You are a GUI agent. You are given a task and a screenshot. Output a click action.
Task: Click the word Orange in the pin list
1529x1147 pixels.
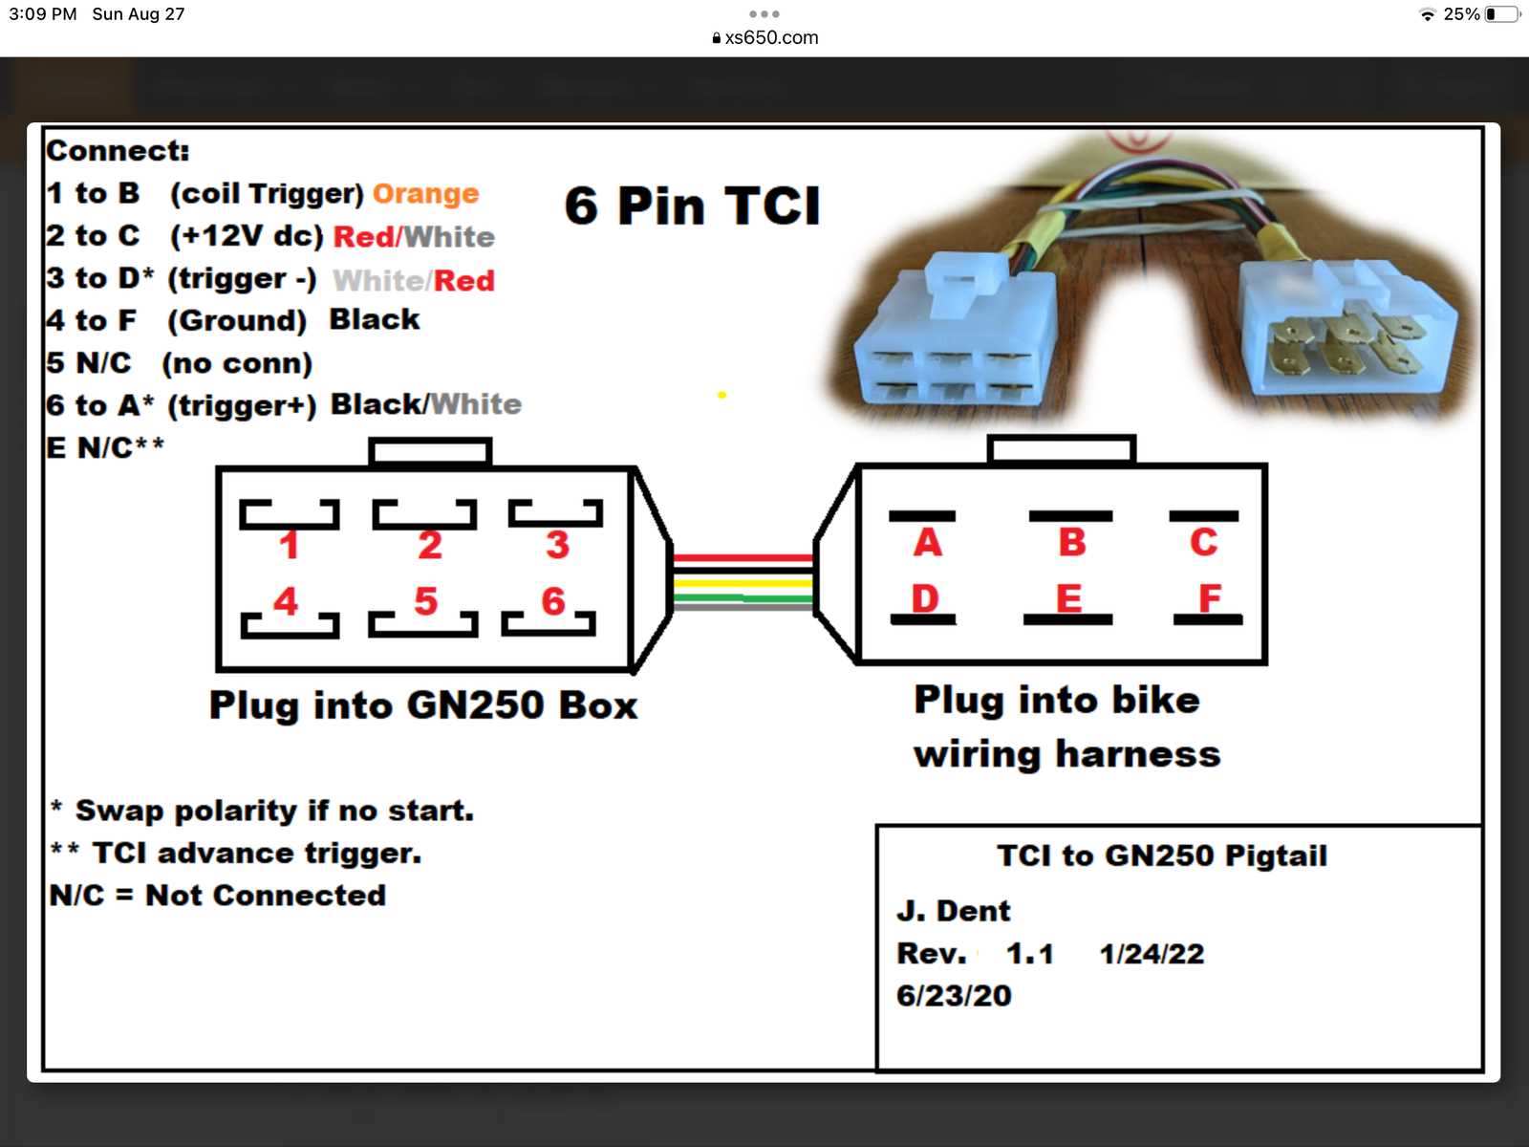(425, 194)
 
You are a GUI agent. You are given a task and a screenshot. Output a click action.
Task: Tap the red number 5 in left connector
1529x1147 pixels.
(426, 601)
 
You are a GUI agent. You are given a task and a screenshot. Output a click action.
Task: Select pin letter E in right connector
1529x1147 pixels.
(1068, 598)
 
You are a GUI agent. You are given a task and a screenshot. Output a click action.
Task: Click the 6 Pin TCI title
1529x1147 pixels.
(692, 206)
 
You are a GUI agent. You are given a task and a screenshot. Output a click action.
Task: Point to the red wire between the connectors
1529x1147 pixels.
(743, 557)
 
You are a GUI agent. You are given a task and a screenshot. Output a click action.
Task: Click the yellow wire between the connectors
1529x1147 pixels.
(743, 582)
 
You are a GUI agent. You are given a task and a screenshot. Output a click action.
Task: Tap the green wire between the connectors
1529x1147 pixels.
(743, 598)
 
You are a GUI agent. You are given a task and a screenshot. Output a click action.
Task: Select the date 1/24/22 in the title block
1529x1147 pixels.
(1152, 954)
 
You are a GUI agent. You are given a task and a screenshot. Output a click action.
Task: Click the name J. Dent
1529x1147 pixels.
(953, 911)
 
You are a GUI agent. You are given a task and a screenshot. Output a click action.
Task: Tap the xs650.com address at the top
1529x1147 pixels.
(770, 38)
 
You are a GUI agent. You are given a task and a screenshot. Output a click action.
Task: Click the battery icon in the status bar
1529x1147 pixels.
(1502, 14)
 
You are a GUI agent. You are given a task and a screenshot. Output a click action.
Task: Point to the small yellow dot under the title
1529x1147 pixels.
(722, 395)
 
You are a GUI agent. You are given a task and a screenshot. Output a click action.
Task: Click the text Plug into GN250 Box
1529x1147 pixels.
(423, 705)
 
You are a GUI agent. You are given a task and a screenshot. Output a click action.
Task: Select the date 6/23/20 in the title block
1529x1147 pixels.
(954, 996)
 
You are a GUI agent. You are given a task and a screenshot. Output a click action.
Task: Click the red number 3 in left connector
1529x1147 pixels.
(557, 545)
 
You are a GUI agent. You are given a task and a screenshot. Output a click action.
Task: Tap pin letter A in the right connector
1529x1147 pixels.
(927, 543)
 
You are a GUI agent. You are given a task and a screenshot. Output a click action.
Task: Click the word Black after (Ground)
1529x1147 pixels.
(374, 319)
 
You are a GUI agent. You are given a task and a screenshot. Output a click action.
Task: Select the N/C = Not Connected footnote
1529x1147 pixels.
(218, 896)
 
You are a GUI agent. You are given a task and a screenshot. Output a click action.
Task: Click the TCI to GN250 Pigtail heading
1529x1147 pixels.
(1162, 855)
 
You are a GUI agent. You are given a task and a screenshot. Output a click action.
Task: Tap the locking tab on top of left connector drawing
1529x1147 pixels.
(430, 451)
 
